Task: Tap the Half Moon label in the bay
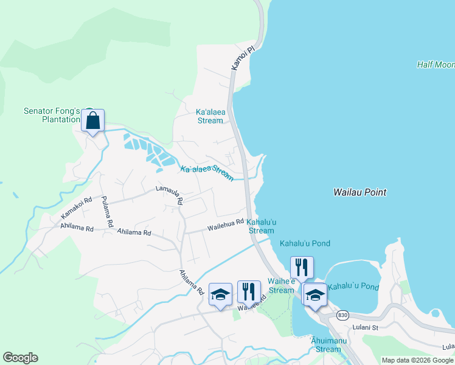point(436,64)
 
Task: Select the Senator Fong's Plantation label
point(52,115)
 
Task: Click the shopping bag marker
point(92,121)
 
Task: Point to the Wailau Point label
point(359,192)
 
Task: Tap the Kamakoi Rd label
point(76,209)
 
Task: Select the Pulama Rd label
point(107,212)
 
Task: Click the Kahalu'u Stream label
point(261,226)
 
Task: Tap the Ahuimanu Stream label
point(328,345)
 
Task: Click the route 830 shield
point(342,315)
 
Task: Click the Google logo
point(20,358)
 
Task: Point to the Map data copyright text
point(417,360)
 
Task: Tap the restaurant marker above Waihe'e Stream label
point(302,268)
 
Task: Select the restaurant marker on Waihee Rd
point(249,293)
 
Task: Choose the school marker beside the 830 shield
point(314,296)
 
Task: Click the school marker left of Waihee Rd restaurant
point(220,295)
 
